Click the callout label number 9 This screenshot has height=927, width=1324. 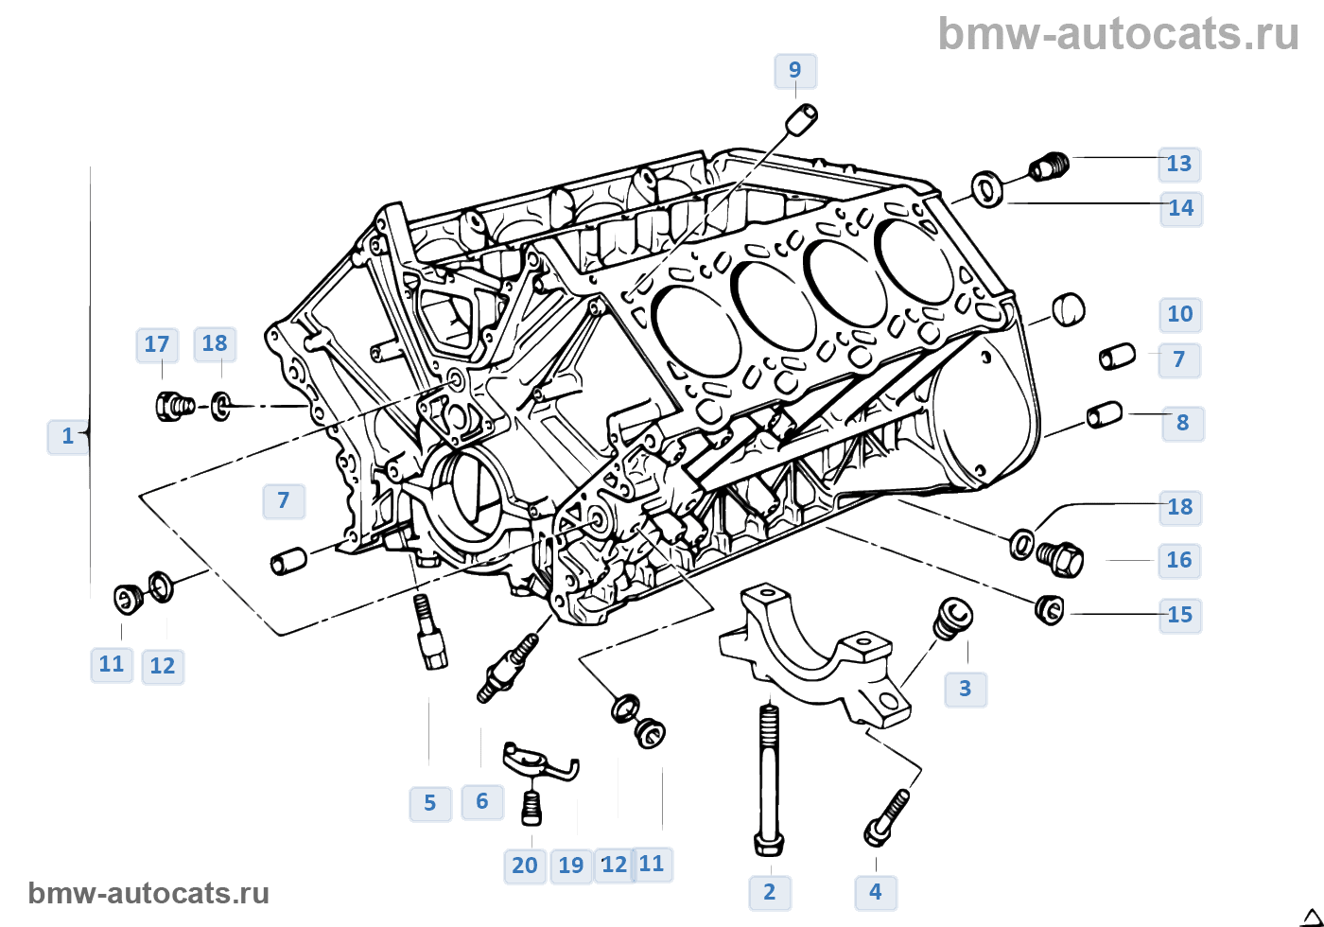pyautogui.click(x=794, y=71)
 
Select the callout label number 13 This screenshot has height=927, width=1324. pyautogui.click(x=1179, y=164)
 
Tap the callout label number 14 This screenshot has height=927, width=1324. pyautogui.click(x=1181, y=208)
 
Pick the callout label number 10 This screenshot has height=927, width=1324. pyautogui.click(x=1180, y=314)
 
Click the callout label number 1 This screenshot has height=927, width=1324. pyautogui.click(x=67, y=436)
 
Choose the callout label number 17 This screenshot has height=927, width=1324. pyautogui.click(x=157, y=344)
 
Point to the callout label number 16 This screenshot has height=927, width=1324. pyautogui.click(x=1179, y=560)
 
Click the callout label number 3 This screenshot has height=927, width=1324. pyautogui.click(x=965, y=689)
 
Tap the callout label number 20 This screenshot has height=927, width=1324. pyautogui.click(x=525, y=865)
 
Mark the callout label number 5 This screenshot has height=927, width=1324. pyautogui.click(x=429, y=803)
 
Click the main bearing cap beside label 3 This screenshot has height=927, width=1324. pyautogui.click(x=813, y=653)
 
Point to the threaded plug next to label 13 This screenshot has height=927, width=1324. pyautogui.click(x=1048, y=167)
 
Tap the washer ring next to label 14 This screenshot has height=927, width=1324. pyautogui.click(x=987, y=188)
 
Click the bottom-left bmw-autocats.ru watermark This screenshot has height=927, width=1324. pyautogui.click(x=148, y=893)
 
